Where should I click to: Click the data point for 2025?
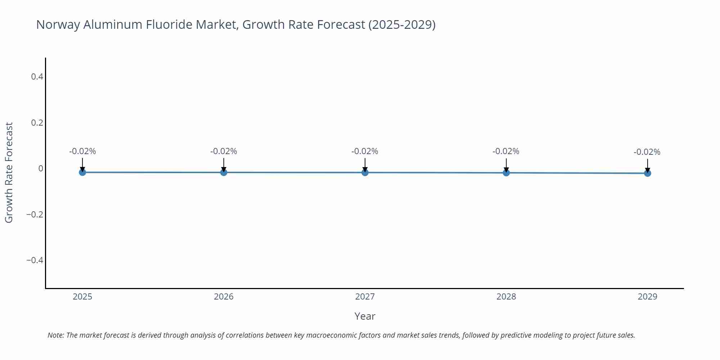click(x=82, y=172)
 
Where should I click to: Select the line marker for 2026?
click(x=224, y=172)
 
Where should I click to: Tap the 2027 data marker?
click(x=365, y=172)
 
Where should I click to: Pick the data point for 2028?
click(x=506, y=173)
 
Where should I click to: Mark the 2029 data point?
click(x=647, y=173)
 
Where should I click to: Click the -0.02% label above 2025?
click(x=82, y=151)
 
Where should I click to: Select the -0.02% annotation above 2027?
click(x=365, y=151)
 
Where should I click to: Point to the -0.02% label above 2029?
click(x=647, y=152)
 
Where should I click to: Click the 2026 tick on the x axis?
click(x=224, y=297)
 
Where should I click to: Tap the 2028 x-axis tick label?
click(x=506, y=297)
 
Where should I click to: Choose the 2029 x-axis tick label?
click(x=647, y=297)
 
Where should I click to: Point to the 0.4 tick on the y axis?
click(x=37, y=77)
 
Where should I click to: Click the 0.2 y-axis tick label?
click(x=37, y=123)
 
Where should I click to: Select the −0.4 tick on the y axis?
click(x=35, y=260)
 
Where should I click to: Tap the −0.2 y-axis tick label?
click(x=35, y=215)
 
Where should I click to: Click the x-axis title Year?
click(x=365, y=316)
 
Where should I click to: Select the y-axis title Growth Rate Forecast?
click(x=9, y=172)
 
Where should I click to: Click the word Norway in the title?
click(x=58, y=24)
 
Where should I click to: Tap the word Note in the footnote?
click(x=55, y=335)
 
